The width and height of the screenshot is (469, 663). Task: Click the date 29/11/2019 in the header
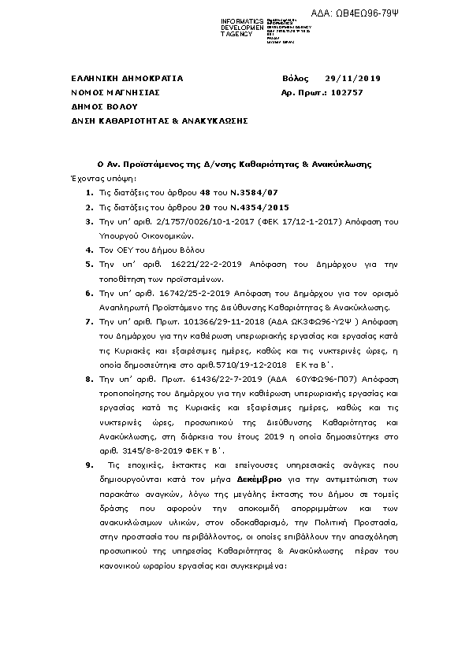click(352, 79)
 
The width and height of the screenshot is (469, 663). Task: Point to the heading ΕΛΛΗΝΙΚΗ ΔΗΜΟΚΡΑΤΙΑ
click(126, 79)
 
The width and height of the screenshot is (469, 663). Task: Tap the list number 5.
click(88, 269)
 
